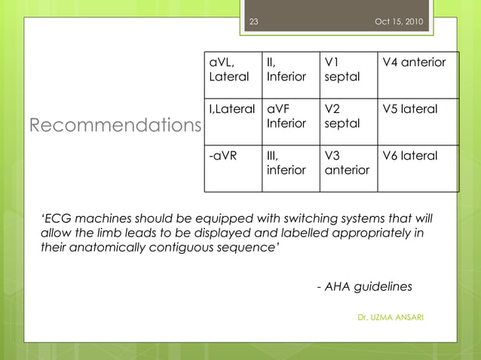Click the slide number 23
(x=253, y=21)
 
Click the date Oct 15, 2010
(x=399, y=21)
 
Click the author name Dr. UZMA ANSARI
(x=390, y=317)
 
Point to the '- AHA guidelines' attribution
(x=365, y=287)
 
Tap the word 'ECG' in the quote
(x=58, y=219)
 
